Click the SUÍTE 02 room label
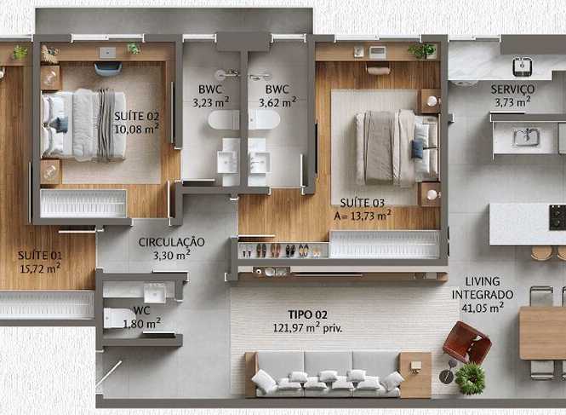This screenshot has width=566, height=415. point(136,117)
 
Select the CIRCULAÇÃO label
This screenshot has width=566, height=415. point(171,242)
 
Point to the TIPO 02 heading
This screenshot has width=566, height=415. point(307,314)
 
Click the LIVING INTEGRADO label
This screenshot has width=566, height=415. point(483,288)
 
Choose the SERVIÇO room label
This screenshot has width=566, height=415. point(512,89)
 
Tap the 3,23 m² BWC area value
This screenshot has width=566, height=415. point(211,102)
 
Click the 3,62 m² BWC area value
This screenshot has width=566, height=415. point(277,102)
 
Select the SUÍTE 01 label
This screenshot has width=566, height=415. point(40,256)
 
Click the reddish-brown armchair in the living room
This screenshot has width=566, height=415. point(466,343)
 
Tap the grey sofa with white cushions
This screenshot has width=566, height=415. point(328,374)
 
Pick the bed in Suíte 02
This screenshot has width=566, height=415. point(83,124)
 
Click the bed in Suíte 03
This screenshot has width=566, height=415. point(397,147)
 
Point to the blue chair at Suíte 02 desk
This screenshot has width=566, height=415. point(108,69)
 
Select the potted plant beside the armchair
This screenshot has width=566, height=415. point(470,378)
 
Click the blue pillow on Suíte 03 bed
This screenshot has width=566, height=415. point(417,148)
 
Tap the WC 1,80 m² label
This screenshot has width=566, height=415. point(142,317)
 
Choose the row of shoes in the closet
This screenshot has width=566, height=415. point(280,251)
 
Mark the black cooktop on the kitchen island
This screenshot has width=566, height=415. point(557,217)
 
